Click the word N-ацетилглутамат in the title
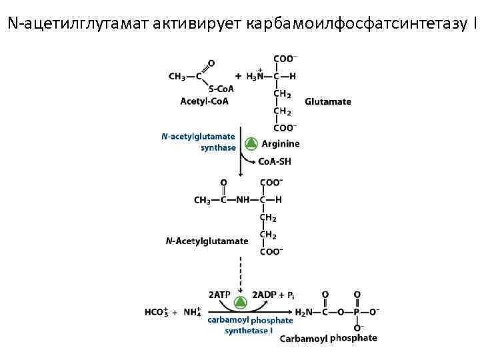pos(77,25)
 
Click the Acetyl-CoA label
pos(204,101)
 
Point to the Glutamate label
pos(328,102)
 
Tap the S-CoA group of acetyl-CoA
pos(221,89)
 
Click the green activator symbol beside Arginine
pos(251,143)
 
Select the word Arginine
pos(280,143)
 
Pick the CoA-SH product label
pos(274,161)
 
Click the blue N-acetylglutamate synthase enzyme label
pos(199,142)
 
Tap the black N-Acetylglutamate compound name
pos(207,241)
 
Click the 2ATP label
pos(219,294)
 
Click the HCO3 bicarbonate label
pos(157,311)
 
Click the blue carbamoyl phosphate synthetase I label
pos(249,325)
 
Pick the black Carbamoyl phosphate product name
pos(328,338)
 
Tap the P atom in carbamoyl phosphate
pos(357,311)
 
